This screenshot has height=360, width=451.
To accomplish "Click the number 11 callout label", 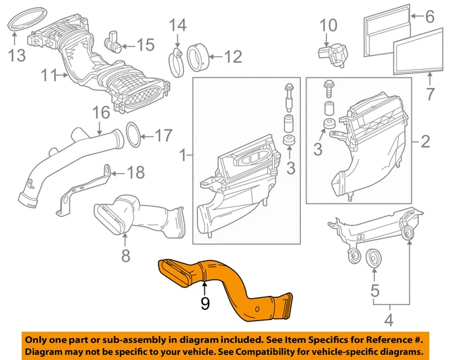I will (49, 73).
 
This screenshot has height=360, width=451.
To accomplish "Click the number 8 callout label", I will (125, 256).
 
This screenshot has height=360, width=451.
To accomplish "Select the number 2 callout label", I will (425, 142).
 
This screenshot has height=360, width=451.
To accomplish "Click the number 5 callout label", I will (375, 290).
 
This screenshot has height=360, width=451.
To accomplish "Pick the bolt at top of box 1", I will (288, 92).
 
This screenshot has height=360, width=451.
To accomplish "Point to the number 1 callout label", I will (184, 154).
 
